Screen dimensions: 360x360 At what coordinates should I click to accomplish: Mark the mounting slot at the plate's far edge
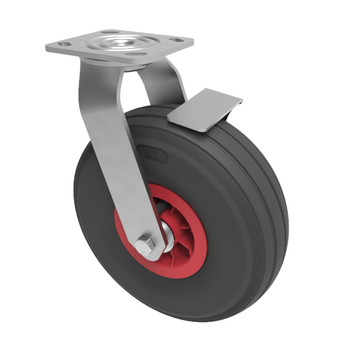pyautogui.click(x=110, y=32)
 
